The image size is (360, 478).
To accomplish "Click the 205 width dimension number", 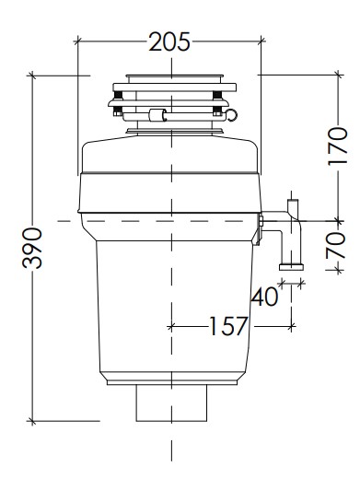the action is (169, 41).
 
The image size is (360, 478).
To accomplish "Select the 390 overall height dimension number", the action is (32, 248).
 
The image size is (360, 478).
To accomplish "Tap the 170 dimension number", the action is (338, 146).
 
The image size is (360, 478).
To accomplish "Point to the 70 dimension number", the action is (336, 245).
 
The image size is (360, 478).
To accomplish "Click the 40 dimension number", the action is (264, 297).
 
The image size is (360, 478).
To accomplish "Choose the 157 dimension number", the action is (228, 326).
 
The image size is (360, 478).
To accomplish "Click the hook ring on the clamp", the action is (232, 115).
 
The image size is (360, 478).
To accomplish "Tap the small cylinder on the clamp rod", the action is (157, 115).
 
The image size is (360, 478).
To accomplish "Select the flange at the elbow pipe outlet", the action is (291, 267).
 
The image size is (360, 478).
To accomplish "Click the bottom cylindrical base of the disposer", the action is (171, 402).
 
